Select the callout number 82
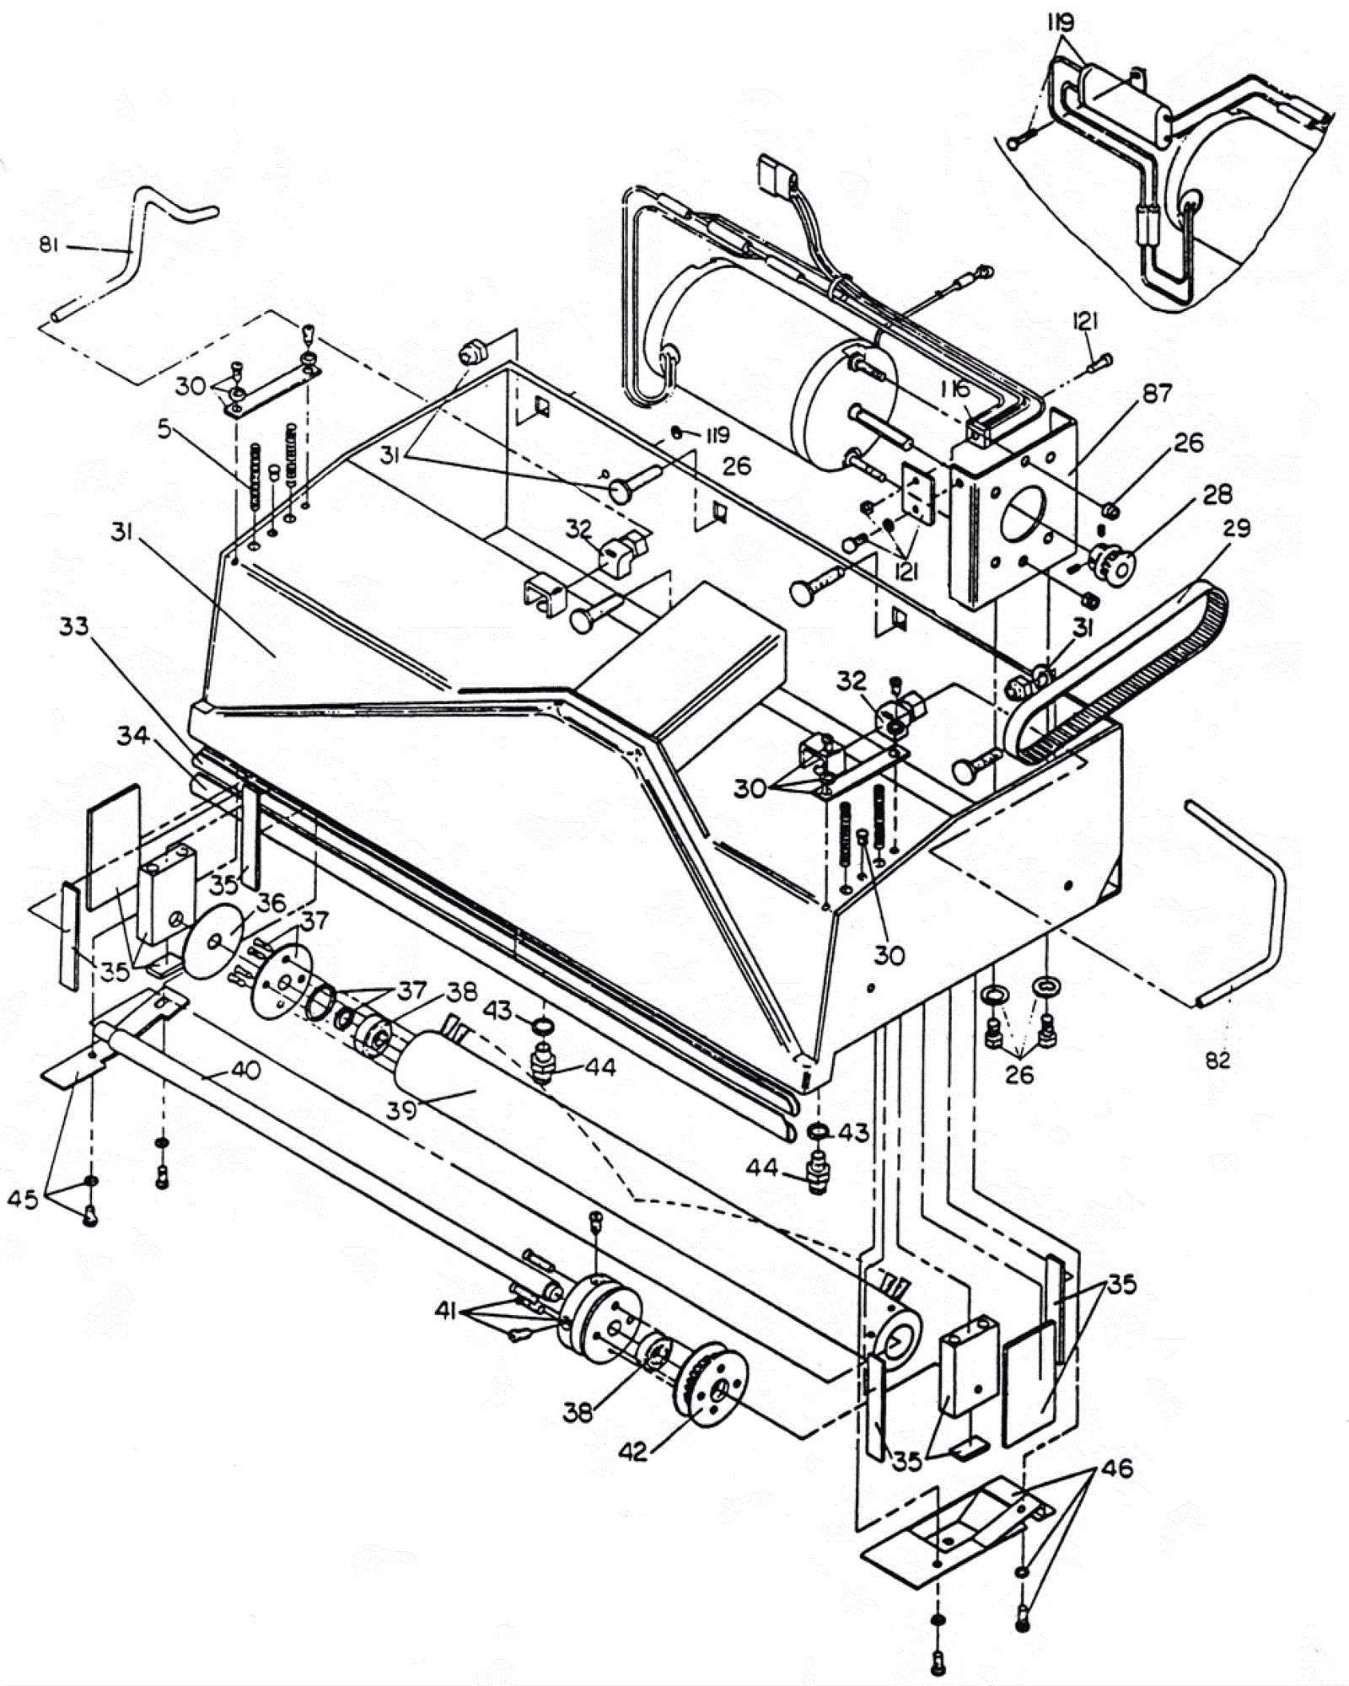tap(1217, 1060)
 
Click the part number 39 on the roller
tap(402, 1109)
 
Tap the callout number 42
tap(634, 1451)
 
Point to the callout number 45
tap(24, 1198)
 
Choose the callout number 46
tap(1115, 1468)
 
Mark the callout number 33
tap(74, 626)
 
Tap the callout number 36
tap(271, 902)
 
